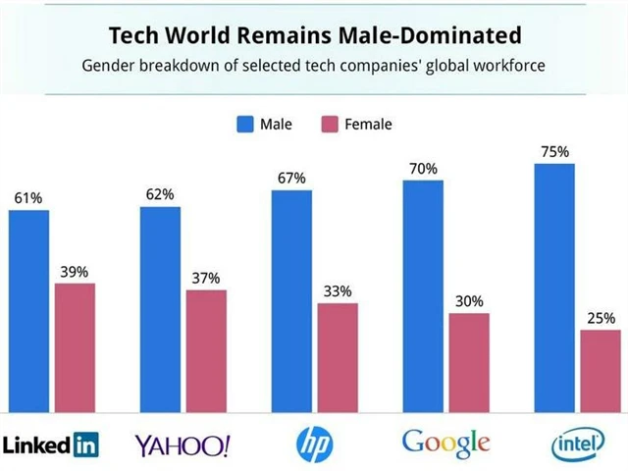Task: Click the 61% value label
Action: click(28, 198)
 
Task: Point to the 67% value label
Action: click(291, 178)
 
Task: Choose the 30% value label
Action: click(469, 301)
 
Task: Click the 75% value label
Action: click(555, 152)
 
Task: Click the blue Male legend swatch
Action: click(244, 124)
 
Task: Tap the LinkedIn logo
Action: click(51, 445)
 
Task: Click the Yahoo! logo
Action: click(183, 445)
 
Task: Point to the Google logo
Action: click(445, 444)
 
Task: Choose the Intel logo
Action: click(579, 445)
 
